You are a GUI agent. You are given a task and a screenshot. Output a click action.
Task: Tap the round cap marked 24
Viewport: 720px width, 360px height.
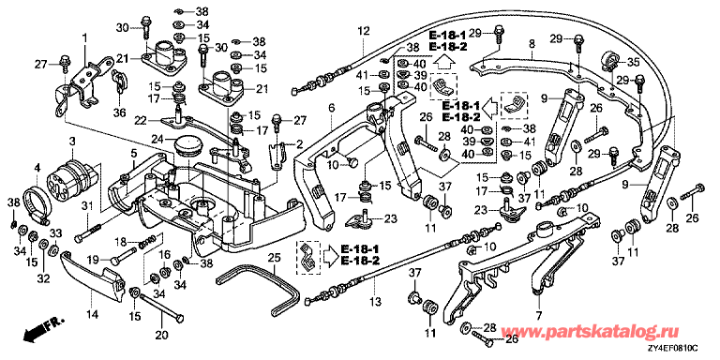187,144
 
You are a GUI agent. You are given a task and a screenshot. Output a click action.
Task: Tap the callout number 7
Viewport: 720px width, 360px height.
538,316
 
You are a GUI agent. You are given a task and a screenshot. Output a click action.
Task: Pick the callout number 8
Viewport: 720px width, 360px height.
532,45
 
